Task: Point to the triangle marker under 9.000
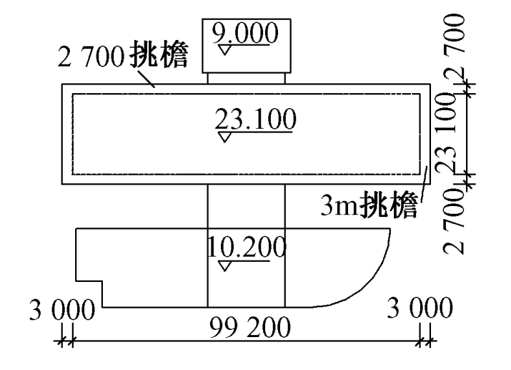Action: coord(227,51)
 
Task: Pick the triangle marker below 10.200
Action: coord(226,267)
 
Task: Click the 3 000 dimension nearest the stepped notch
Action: coord(61,311)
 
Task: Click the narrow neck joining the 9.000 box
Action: coord(247,78)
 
